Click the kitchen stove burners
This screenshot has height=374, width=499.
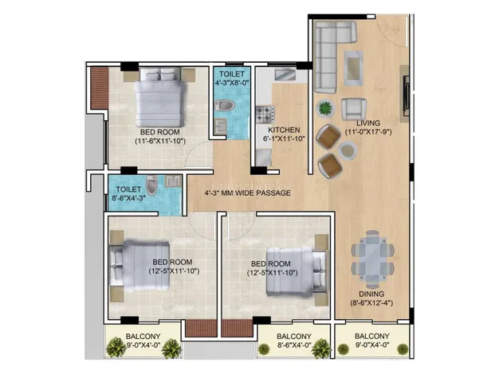tap(265, 115)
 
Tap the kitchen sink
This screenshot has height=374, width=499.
tap(286, 75)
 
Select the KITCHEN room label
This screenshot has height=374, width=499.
tap(284, 130)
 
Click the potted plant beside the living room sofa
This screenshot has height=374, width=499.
tap(325, 108)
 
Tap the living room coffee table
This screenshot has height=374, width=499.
tap(353, 68)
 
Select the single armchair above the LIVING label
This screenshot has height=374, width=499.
tap(354, 110)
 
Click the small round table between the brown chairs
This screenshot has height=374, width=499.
tap(348, 150)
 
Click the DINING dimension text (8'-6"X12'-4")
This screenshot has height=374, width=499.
tap(371, 303)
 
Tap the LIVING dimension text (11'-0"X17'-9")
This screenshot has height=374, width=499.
tap(368, 132)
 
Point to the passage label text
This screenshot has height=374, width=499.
tap(248, 193)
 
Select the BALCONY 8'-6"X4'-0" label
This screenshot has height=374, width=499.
tap(293, 341)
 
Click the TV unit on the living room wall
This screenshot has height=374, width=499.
tap(406, 95)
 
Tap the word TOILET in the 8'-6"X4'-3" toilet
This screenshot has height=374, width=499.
tap(128, 189)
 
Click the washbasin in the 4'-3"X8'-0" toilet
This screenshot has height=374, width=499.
tap(220, 127)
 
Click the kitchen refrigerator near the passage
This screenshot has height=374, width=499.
tap(264, 158)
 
